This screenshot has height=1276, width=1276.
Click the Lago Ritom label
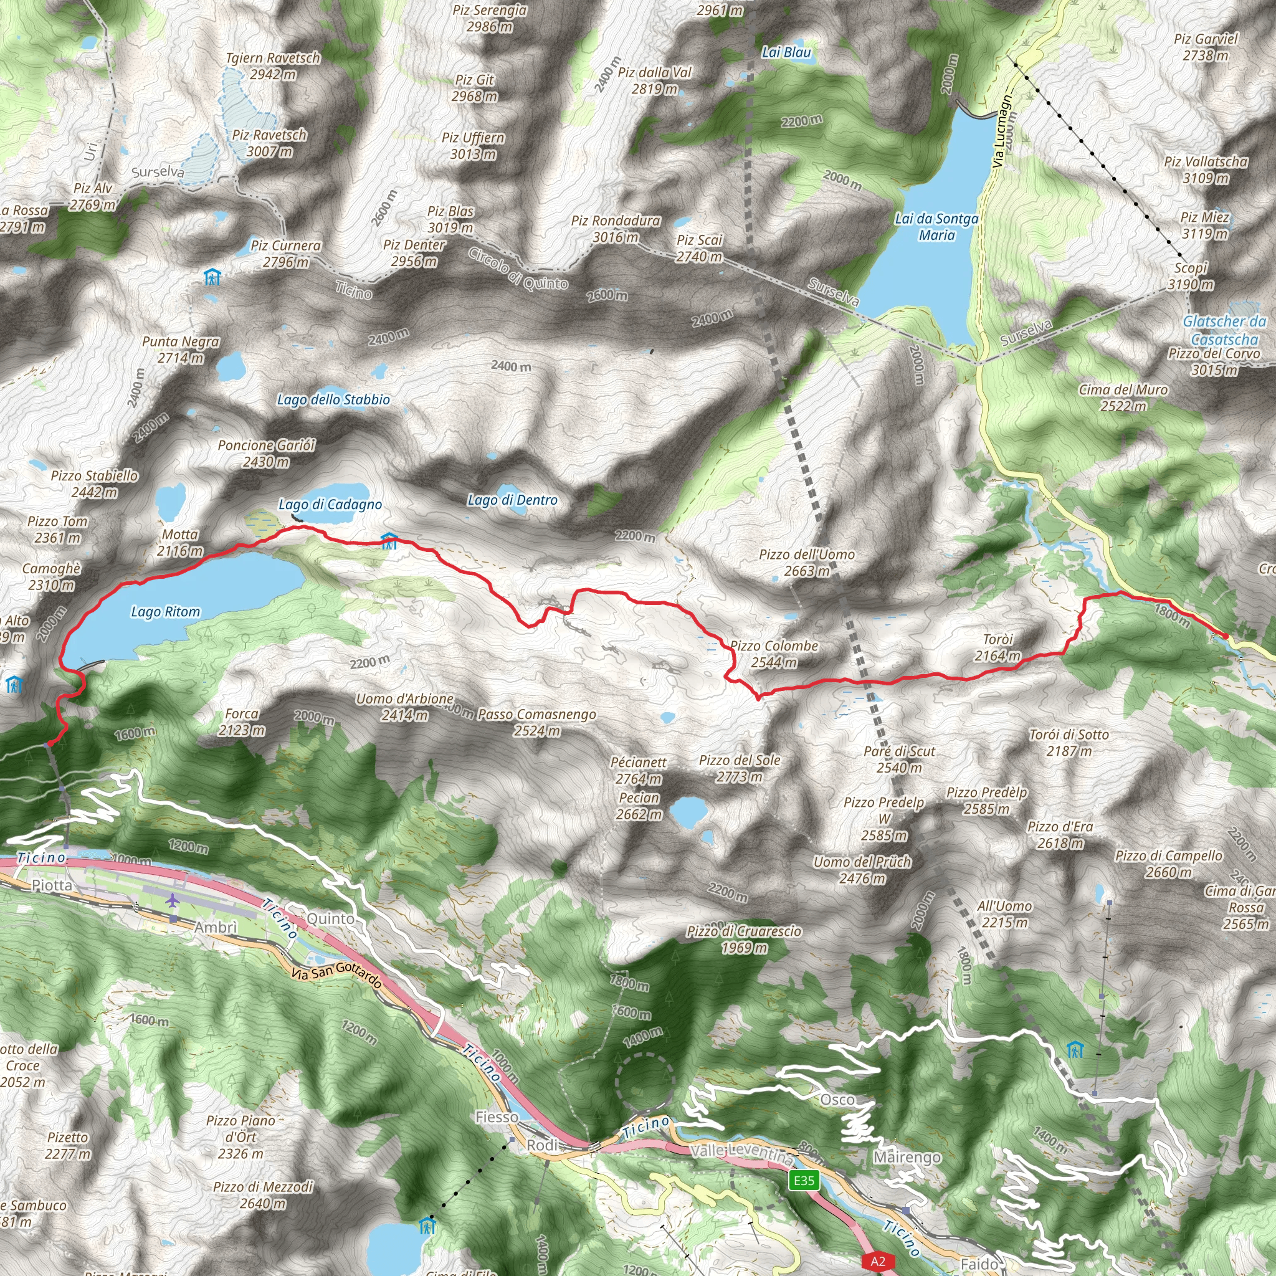point(165,612)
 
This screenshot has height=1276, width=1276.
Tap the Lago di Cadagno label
point(330,505)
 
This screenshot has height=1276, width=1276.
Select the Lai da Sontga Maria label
point(936,227)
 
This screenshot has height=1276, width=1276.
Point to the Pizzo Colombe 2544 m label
point(774,654)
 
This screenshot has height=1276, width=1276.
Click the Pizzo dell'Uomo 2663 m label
point(806,563)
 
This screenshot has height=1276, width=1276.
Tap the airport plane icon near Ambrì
point(173,900)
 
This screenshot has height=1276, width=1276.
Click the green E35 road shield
point(804,1179)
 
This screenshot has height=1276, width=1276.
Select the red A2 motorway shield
point(877,1262)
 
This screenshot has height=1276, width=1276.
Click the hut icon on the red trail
point(389,541)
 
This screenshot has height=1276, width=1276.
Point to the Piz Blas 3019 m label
point(450,219)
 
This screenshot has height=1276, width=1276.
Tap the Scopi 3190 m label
point(1190,276)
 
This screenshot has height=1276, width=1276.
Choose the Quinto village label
point(330,919)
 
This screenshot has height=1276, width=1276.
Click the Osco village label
point(837,1100)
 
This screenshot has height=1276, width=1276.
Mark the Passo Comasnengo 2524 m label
point(537,723)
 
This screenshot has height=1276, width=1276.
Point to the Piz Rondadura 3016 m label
point(616,229)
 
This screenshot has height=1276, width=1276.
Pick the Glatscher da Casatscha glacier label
point(1224,330)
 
